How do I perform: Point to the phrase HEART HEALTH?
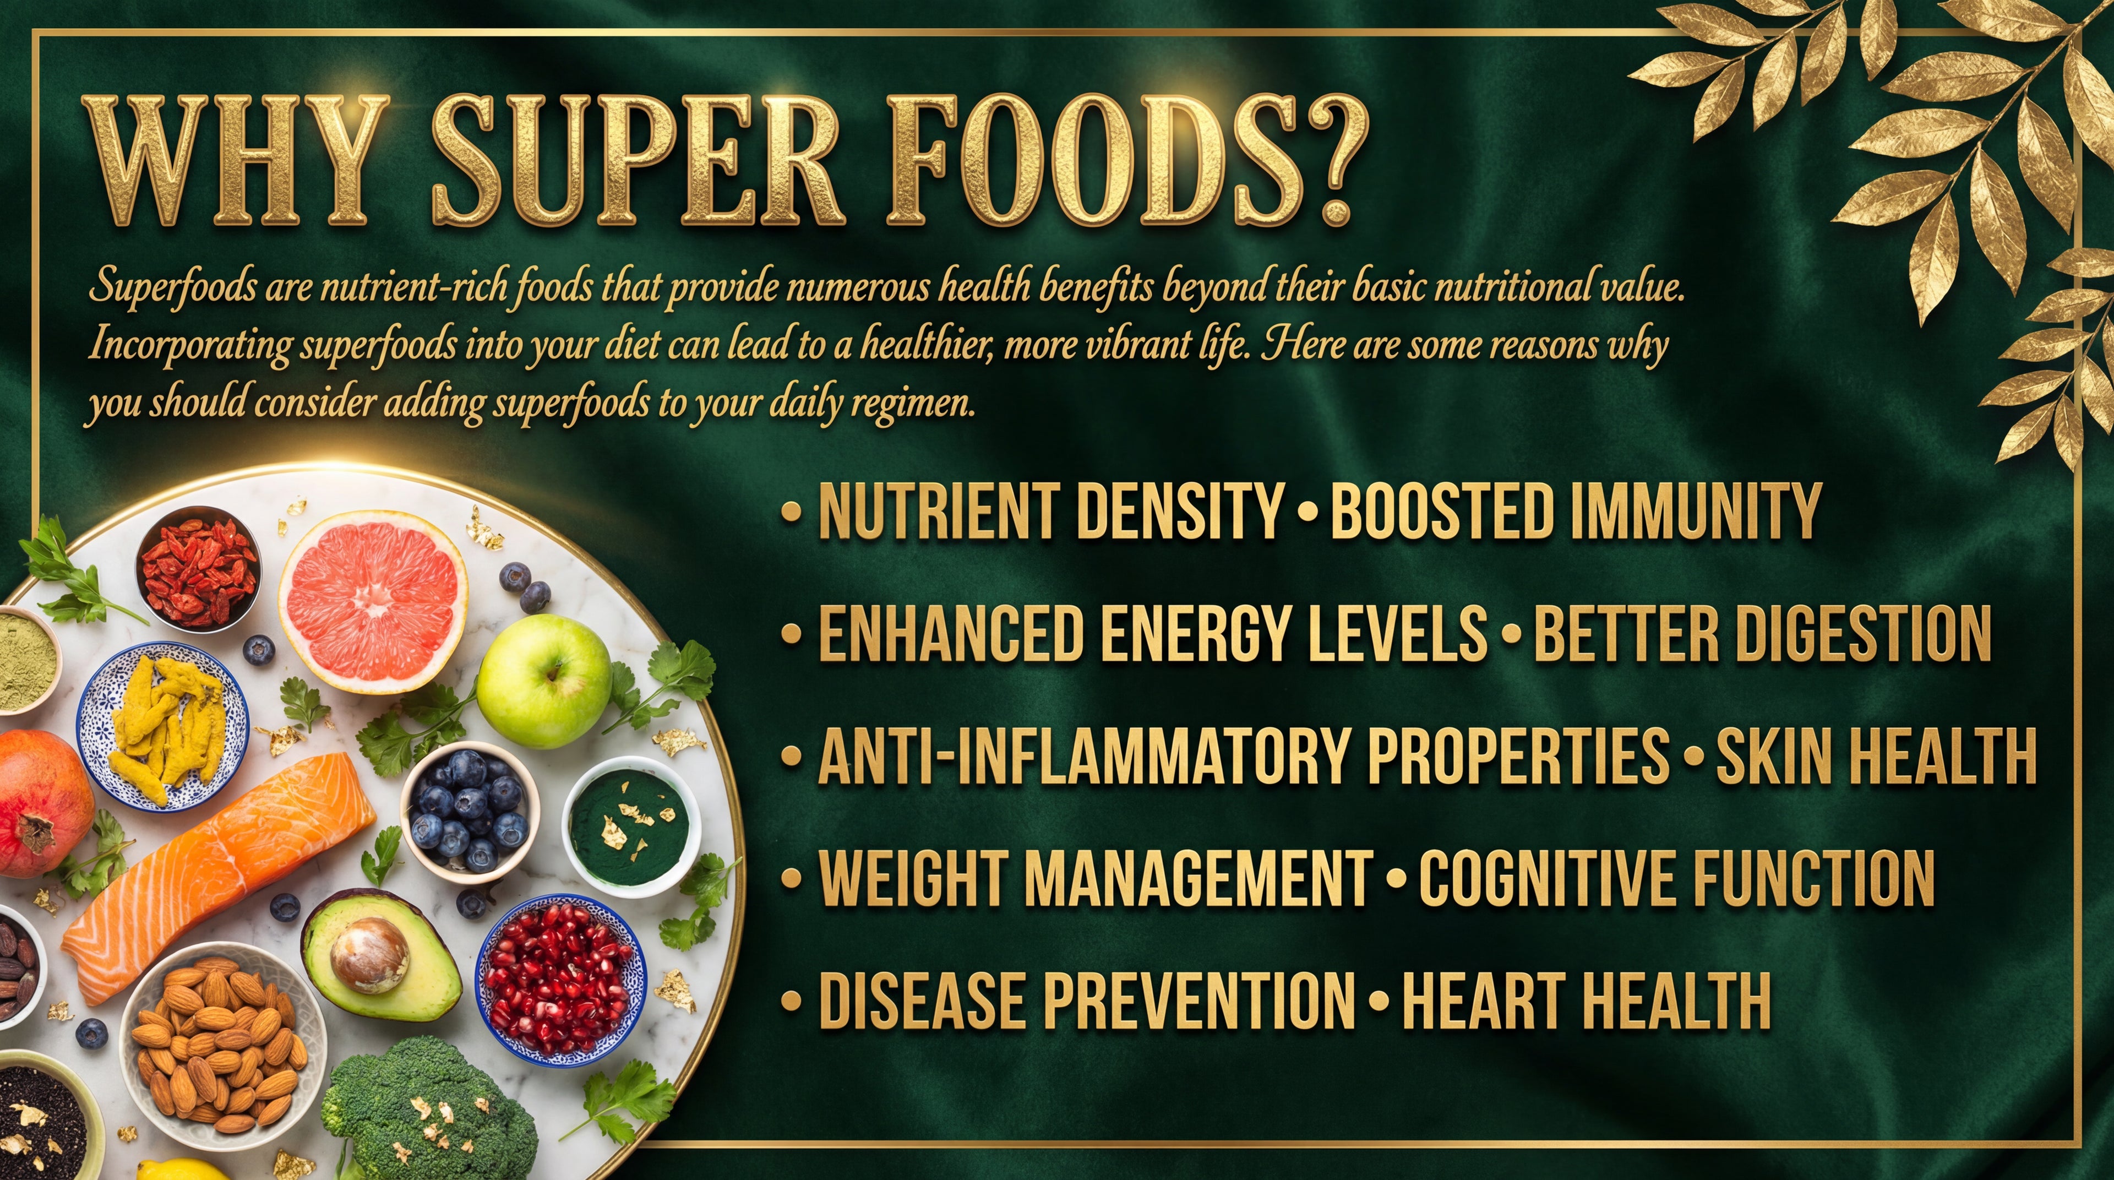pos(1585,1000)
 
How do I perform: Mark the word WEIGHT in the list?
pos(913,879)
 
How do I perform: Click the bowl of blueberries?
pos(470,809)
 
